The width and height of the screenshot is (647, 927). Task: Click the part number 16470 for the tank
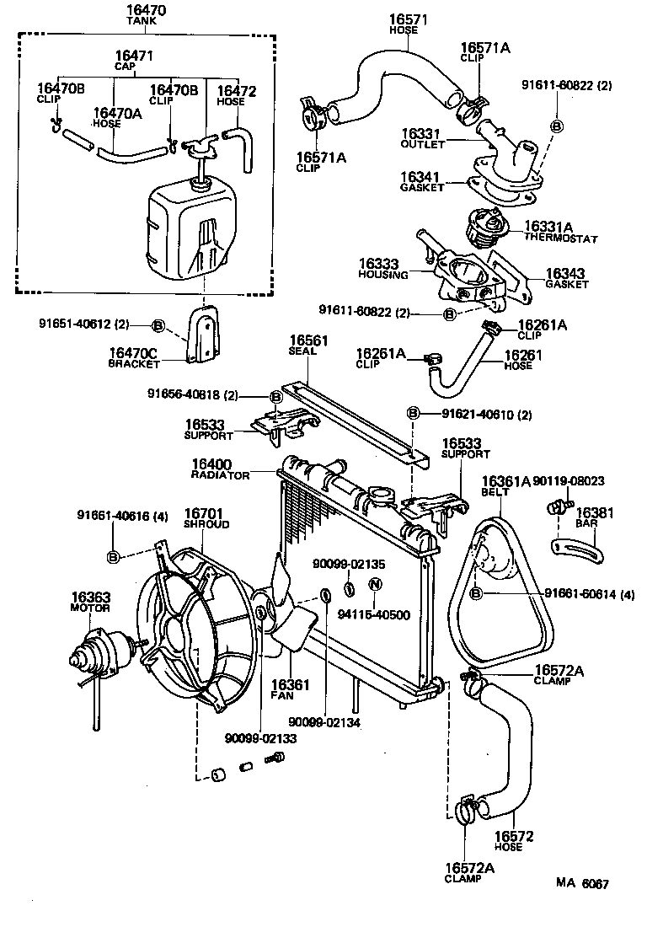coord(145,12)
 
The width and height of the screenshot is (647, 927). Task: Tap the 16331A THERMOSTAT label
coord(559,232)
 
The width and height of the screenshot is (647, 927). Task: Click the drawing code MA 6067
coord(581,884)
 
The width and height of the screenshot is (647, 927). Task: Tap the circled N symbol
coord(376,584)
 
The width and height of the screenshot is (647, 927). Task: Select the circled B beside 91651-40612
coord(158,324)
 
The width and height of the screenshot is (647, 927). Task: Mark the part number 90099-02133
coord(259,739)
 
